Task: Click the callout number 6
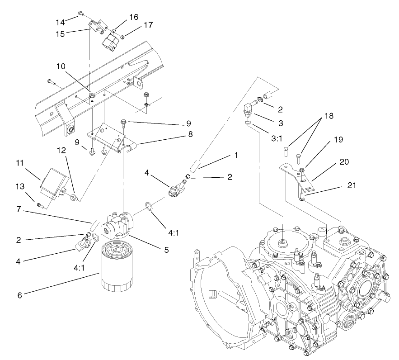(x=19, y=295)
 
